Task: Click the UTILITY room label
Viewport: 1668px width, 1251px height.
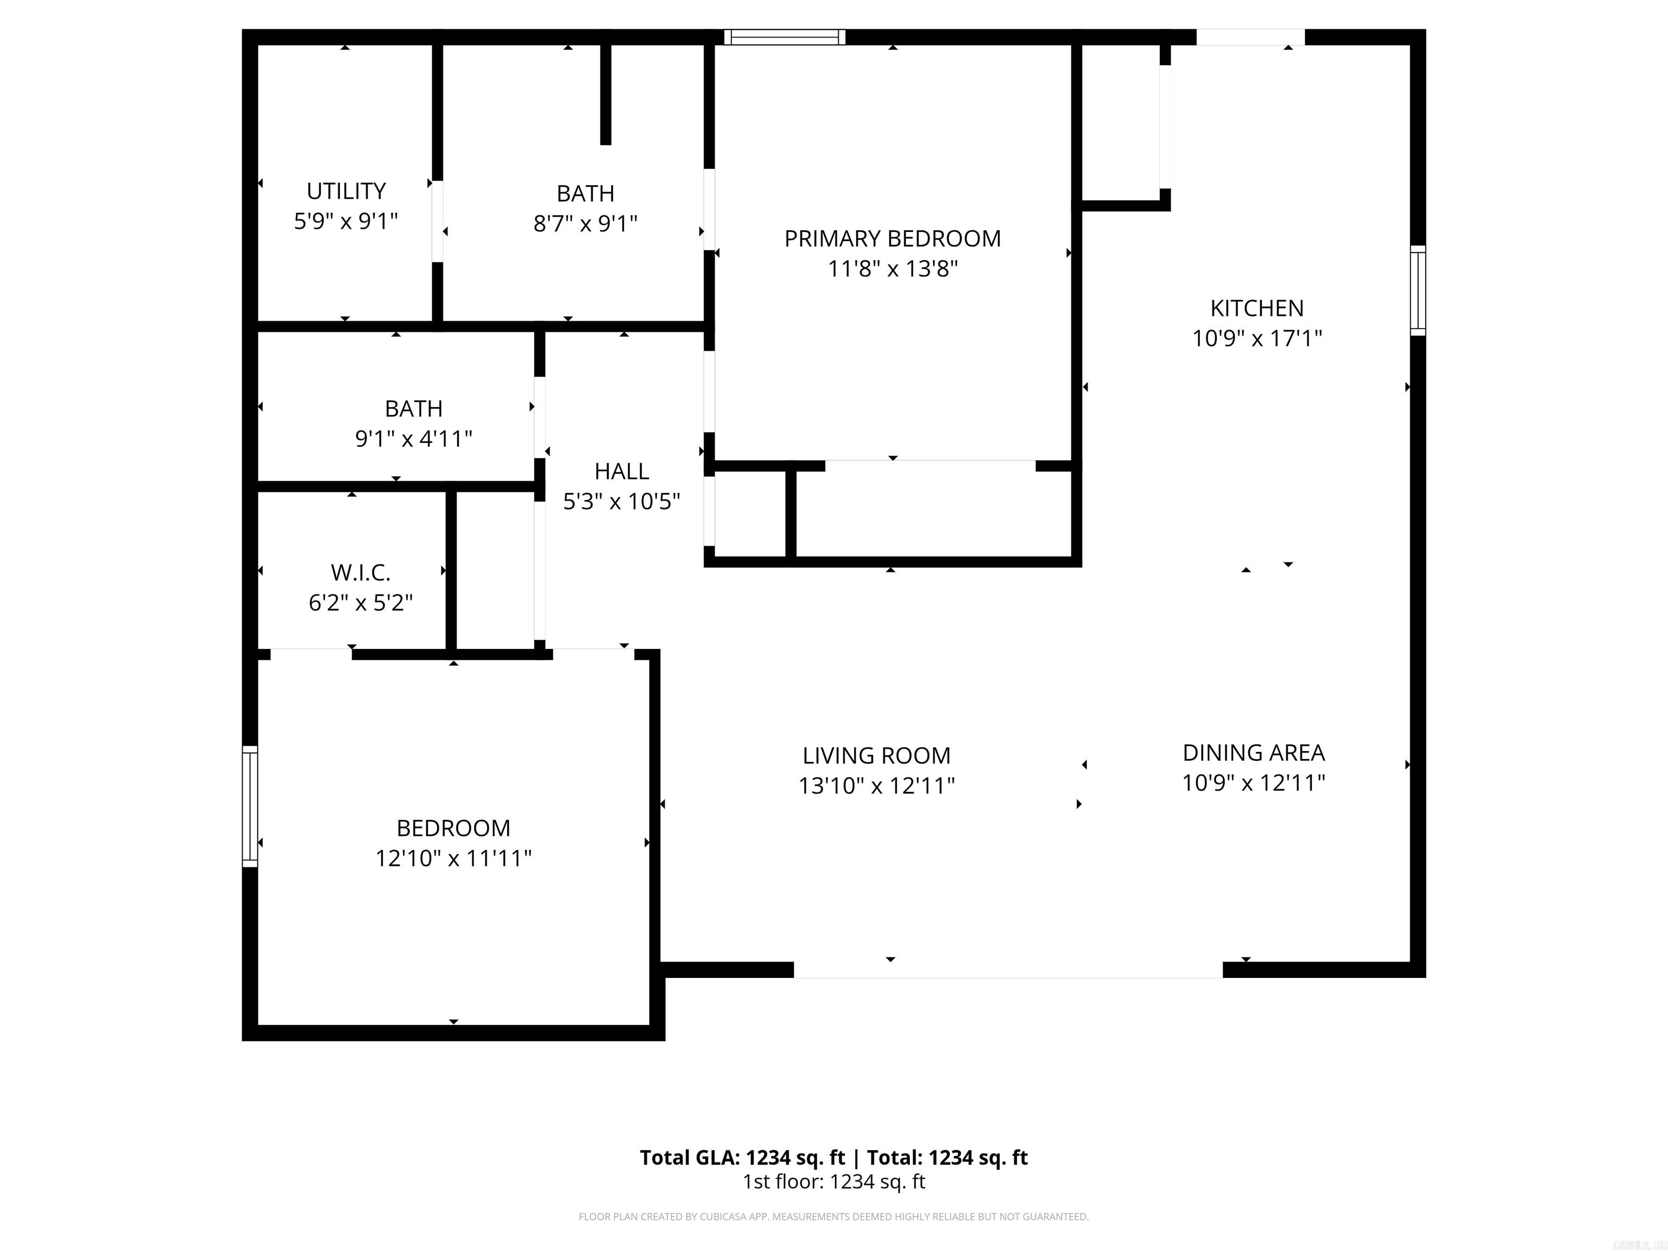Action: point(346,191)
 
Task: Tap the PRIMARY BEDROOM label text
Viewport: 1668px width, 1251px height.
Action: point(892,238)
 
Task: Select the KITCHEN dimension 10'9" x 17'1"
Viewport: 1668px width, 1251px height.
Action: point(1256,338)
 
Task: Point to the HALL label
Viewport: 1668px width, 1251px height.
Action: point(621,471)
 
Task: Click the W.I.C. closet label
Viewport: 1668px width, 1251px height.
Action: point(361,573)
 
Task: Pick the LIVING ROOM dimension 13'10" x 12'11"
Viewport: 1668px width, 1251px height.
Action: point(876,786)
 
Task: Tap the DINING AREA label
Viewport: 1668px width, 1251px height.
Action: point(1253,753)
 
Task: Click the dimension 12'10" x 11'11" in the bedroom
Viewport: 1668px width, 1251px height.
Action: point(453,858)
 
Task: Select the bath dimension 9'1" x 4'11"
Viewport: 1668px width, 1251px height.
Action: point(413,439)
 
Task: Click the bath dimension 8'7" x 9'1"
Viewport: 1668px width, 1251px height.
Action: point(585,224)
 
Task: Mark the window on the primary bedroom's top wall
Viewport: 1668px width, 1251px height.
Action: point(784,37)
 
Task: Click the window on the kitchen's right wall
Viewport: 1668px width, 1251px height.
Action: point(1418,290)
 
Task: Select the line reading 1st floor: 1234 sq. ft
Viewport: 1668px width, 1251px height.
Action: point(833,1181)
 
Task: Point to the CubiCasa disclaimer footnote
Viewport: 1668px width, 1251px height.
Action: point(833,1216)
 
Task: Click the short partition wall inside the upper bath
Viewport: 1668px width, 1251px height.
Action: point(605,94)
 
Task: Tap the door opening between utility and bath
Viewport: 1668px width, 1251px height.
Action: point(437,221)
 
